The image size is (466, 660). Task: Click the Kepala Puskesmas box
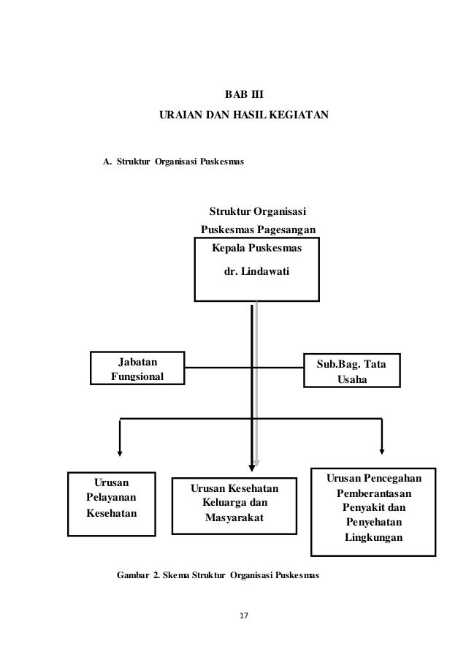pos(256,270)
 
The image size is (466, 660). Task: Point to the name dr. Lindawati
pos(256,271)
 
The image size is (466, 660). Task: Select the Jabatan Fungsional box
pos(137,369)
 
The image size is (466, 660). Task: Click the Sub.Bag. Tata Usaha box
pos(351,372)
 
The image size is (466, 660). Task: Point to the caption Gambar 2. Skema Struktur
pos(218,575)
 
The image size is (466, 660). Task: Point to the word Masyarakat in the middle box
pos(235,518)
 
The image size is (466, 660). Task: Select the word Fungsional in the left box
pos(137,377)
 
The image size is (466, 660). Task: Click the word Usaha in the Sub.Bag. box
pos(351,381)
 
